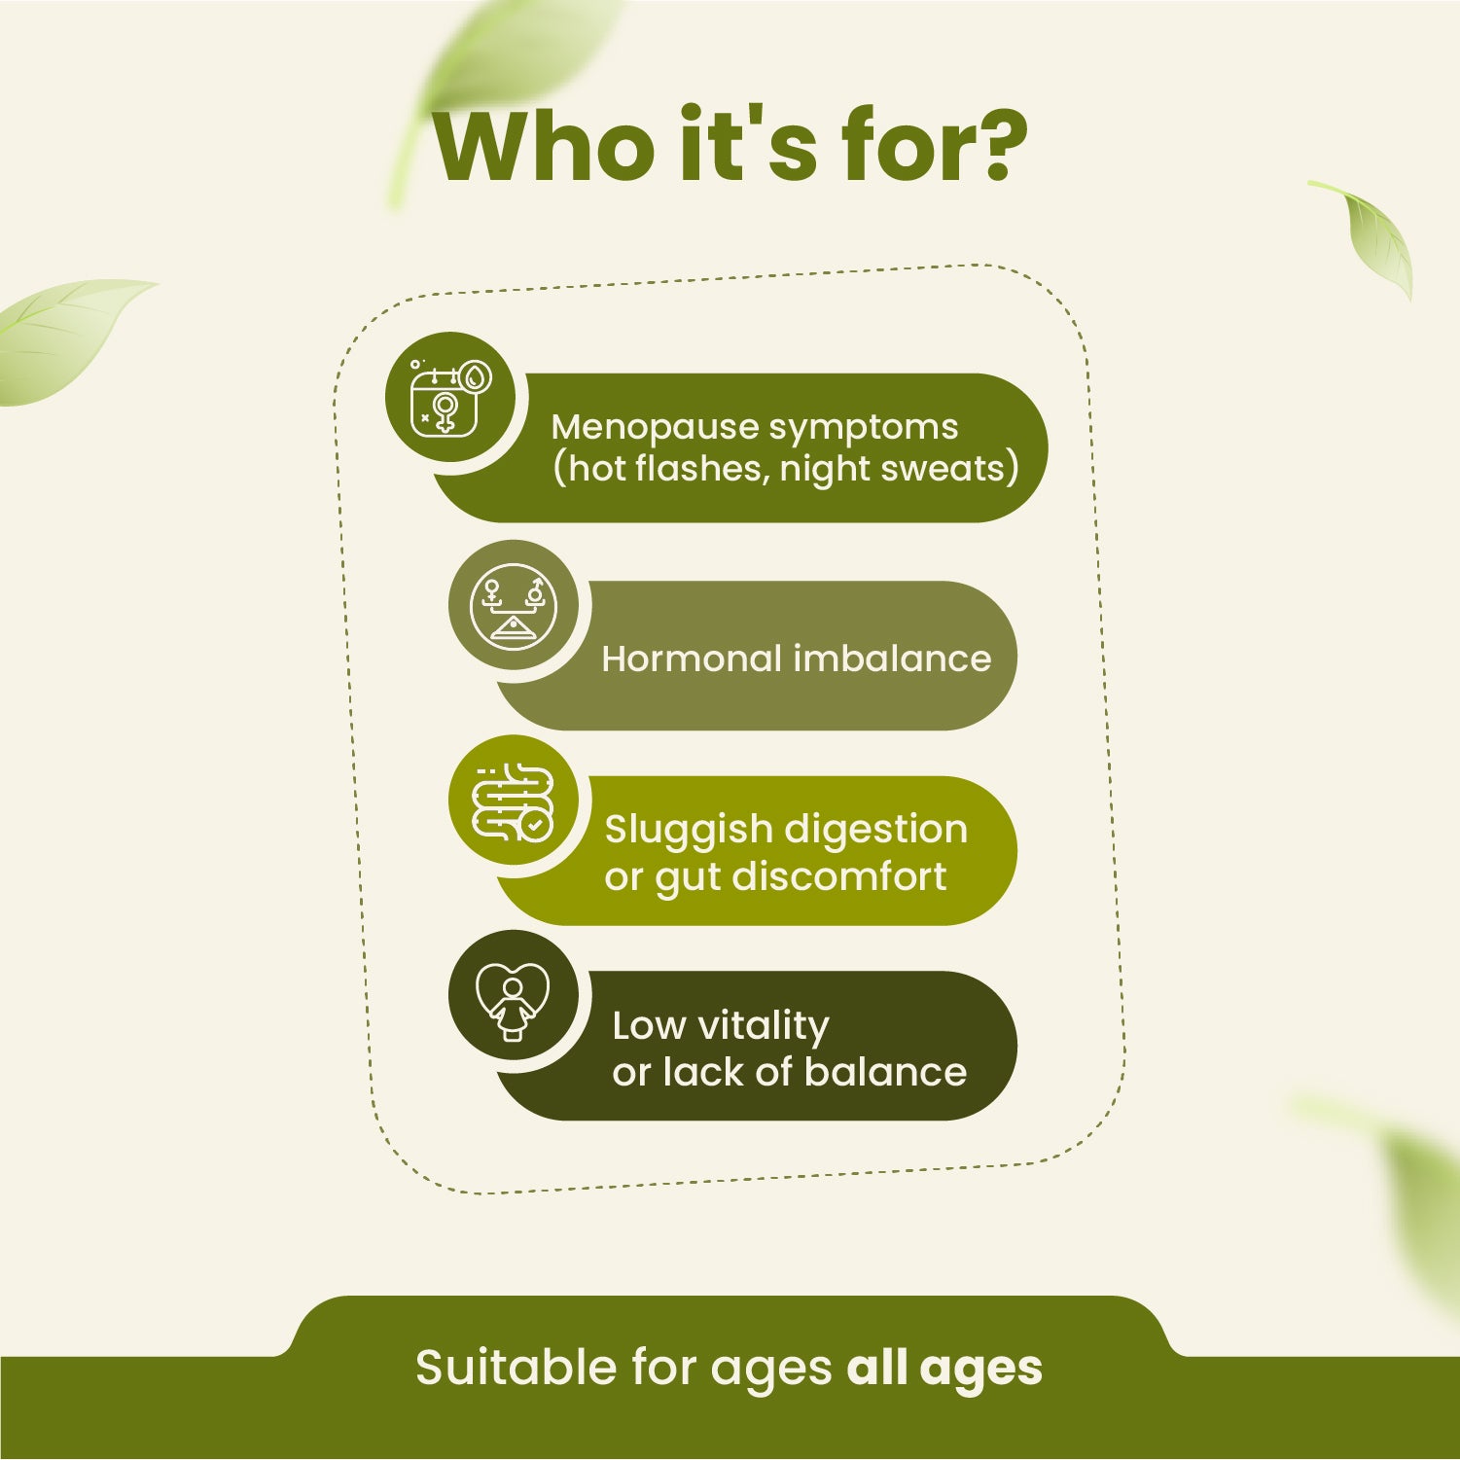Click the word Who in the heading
(x=545, y=148)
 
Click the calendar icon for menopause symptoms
(x=448, y=398)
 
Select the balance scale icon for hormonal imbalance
(x=514, y=605)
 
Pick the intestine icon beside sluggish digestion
(x=514, y=800)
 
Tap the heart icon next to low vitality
(x=513, y=998)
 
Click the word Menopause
(x=655, y=427)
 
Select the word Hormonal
(x=692, y=659)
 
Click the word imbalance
(x=892, y=659)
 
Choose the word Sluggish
(x=688, y=830)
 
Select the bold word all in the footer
(x=876, y=1367)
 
